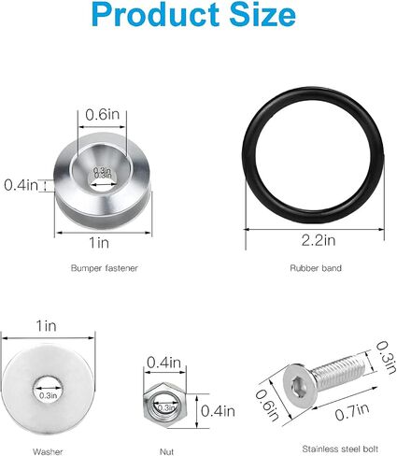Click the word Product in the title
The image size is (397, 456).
point(155,15)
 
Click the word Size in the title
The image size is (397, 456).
point(262,15)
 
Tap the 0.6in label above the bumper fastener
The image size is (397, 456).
point(103,115)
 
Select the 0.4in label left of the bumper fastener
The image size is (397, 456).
point(21,185)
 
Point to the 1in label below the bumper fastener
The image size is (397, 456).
point(99,243)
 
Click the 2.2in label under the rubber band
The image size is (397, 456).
point(319,240)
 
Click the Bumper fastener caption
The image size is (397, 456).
point(104,268)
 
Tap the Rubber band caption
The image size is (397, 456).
point(316,268)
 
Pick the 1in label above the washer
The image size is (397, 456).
point(47,326)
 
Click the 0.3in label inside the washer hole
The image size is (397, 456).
point(49,395)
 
